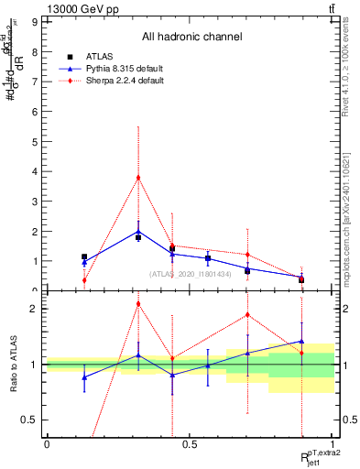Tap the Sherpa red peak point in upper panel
(x=138, y=178)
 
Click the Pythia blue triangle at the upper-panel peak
(x=138, y=231)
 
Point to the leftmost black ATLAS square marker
(x=84, y=257)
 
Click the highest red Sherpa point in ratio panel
(x=138, y=303)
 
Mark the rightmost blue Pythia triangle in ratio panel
(x=301, y=341)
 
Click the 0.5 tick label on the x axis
(x=189, y=444)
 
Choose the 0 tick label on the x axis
(x=47, y=444)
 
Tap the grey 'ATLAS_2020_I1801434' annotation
(x=191, y=274)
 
